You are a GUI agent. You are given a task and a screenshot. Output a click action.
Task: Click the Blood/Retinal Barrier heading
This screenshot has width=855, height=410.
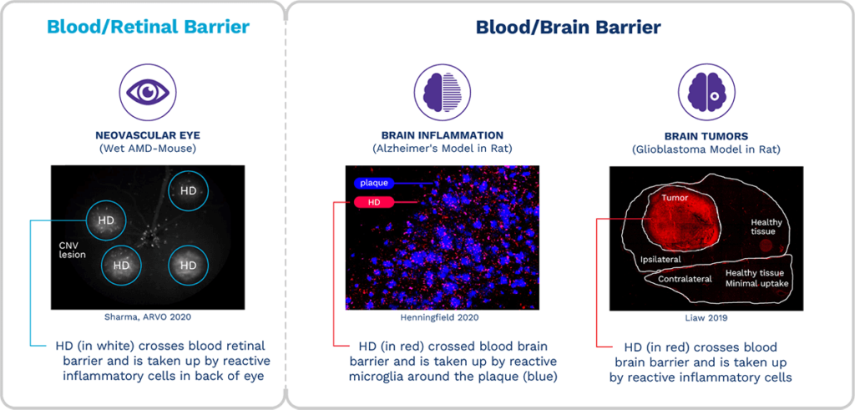click(148, 27)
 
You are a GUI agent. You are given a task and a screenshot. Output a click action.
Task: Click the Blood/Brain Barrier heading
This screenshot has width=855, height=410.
click(568, 28)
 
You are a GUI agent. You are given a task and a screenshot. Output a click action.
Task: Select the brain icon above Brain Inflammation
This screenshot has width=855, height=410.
click(438, 90)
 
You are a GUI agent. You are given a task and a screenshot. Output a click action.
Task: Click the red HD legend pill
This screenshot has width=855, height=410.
click(374, 202)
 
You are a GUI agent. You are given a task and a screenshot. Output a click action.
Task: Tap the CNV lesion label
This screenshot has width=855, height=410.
click(72, 250)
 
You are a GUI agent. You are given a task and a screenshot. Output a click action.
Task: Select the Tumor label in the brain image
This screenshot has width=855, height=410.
click(675, 199)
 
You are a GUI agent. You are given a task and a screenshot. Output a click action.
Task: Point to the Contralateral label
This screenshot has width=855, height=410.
click(685, 279)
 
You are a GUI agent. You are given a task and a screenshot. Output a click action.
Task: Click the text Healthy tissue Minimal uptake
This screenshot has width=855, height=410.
click(756, 278)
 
